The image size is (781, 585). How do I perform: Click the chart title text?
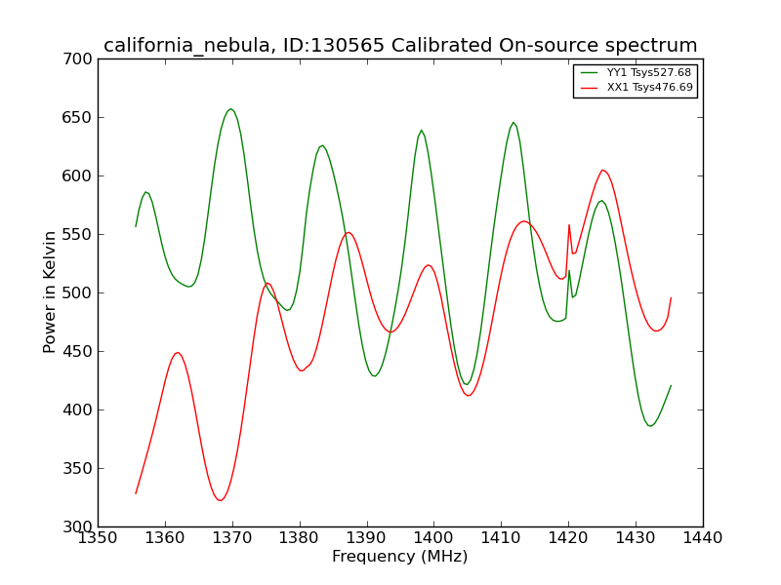[400, 46]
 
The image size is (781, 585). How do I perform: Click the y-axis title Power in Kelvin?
[50, 292]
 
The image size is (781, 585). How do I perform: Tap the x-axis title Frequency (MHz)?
[400, 556]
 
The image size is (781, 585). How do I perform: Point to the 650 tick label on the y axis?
[77, 117]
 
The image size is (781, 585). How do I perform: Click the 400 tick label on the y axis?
[77, 409]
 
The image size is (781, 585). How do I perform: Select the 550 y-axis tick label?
[77, 234]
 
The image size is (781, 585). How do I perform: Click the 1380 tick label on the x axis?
[300, 538]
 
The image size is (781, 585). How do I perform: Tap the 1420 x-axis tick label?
[568, 538]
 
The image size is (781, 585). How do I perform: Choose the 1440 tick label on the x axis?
[703, 538]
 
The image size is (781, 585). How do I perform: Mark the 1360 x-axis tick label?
[165, 538]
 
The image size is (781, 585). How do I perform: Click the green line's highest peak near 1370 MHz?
[230, 109]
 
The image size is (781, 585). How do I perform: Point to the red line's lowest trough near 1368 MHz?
[221, 500]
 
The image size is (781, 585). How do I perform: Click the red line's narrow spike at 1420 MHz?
[569, 225]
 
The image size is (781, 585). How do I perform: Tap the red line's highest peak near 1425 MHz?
[602, 170]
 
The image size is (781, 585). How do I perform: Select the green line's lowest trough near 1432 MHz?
[650, 426]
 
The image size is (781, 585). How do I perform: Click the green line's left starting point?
[136, 226]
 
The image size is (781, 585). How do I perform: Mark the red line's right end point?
[671, 298]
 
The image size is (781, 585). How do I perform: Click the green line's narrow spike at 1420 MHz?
[569, 271]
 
